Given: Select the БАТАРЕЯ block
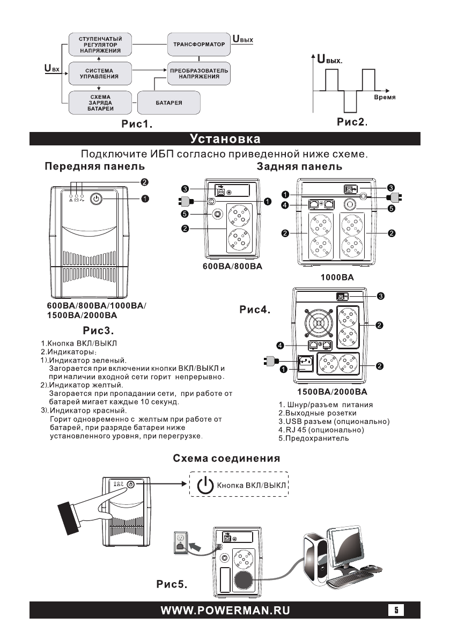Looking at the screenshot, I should (168, 102).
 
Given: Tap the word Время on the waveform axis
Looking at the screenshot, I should (384, 98).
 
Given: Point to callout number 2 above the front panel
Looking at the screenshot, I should (145, 181).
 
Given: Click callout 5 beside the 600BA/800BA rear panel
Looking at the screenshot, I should (185, 214).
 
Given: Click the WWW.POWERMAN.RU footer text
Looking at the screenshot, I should (224, 611).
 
